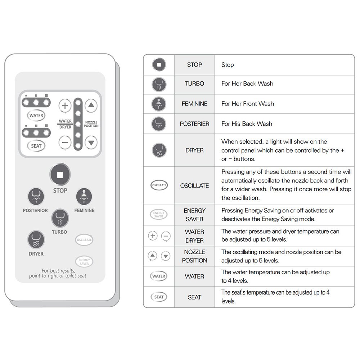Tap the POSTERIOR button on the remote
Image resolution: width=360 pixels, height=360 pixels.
(36, 197)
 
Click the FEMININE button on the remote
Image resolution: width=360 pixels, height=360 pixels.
(84, 197)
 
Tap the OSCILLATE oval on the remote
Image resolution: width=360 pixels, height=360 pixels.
(84, 240)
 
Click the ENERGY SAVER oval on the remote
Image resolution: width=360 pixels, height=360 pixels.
(84, 262)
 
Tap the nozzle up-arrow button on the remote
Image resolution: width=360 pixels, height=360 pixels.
(91, 106)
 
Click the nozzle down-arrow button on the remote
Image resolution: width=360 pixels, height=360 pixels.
(91, 142)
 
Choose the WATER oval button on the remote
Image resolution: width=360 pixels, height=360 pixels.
(36, 116)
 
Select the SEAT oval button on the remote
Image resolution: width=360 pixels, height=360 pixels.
(36, 146)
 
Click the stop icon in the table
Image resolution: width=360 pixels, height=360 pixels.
(159, 65)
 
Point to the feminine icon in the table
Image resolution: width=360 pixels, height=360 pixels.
(159, 104)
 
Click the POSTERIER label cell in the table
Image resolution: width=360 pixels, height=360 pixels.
(194, 124)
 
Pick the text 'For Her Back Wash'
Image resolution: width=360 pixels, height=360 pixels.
(247, 84)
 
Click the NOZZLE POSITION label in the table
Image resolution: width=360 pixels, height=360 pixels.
(194, 256)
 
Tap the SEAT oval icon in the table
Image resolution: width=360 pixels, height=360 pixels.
(159, 297)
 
